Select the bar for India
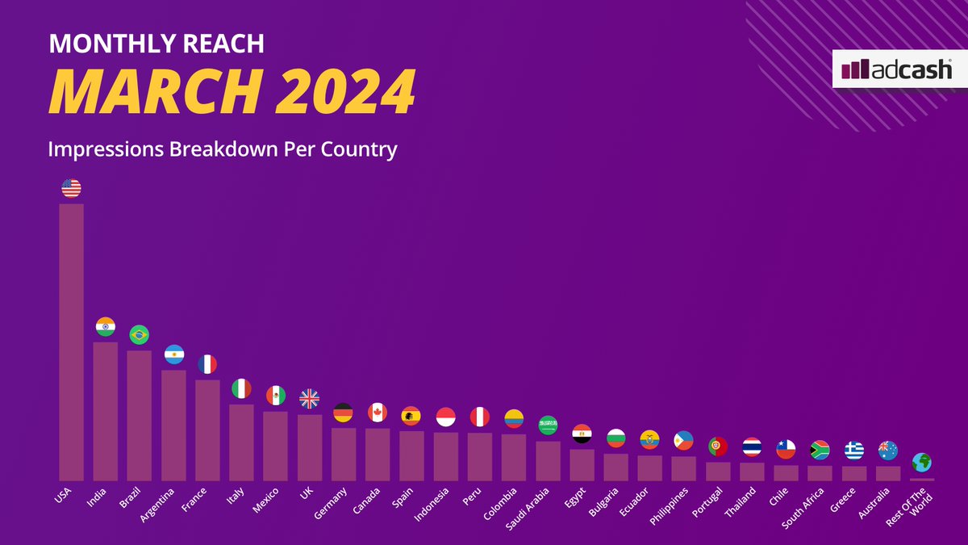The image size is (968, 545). (105, 411)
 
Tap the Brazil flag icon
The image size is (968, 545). (139, 334)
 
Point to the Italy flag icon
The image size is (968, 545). (241, 388)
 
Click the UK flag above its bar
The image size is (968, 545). (309, 399)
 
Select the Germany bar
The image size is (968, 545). (343, 454)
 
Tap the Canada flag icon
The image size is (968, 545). (378, 413)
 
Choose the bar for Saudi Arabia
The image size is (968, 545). (548, 460)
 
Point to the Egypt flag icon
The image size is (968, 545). (582, 434)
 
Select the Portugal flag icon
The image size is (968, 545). (718, 446)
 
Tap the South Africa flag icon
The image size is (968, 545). (820, 450)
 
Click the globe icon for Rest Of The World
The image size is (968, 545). (922, 463)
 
